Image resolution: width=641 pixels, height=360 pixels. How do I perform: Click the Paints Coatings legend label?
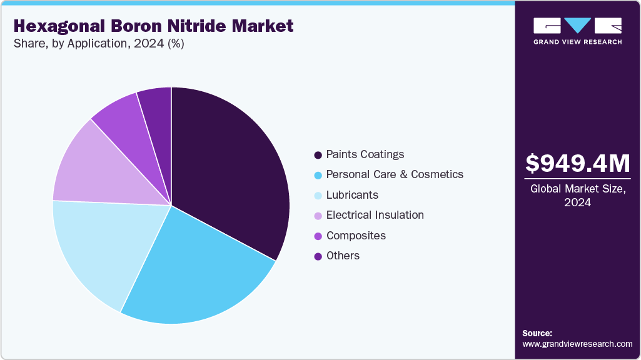(x=365, y=154)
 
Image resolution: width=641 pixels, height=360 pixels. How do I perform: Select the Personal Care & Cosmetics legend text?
(x=395, y=174)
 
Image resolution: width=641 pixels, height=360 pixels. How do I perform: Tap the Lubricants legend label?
(x=352, y=195)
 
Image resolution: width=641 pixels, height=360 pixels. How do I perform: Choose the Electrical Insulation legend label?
(x=375, y=215)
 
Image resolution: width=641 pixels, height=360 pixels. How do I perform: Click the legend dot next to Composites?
(x=318, y=236)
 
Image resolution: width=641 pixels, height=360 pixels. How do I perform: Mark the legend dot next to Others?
(x=318, y=256)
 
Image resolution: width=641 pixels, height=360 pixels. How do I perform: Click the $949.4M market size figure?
(x=577, y=163)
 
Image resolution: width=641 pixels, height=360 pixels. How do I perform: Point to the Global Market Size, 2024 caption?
(x=577, y=195)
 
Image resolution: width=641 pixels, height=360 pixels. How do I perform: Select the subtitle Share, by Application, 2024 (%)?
(x=98, y=44)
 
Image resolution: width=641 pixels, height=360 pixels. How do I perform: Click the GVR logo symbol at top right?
(x=577, y=26)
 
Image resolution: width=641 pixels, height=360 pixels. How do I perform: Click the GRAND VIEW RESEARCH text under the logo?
(x=577, y=42)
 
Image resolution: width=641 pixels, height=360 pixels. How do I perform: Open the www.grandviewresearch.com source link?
(x=577, y=344)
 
